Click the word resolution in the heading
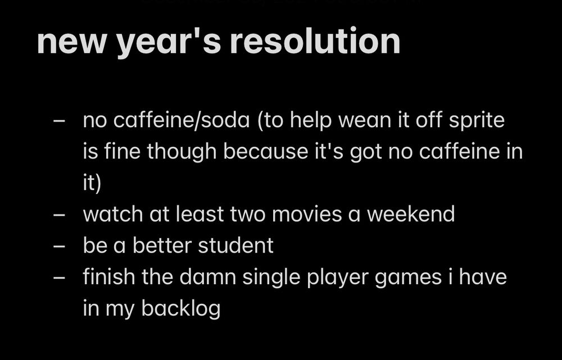315,40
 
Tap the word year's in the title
169,42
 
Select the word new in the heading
71,44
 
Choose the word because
266,151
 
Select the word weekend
411,214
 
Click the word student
235,245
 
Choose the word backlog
180,309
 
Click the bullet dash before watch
59,215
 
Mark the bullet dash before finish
59,278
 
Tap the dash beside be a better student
59,246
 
